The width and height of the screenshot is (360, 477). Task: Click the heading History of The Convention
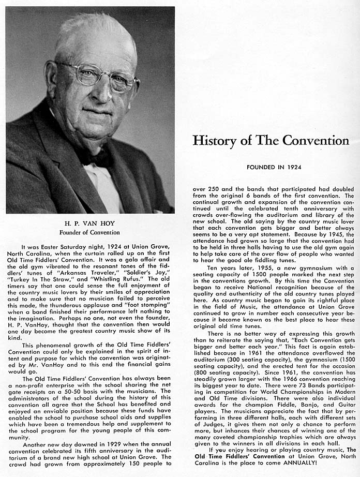tap(271, 140)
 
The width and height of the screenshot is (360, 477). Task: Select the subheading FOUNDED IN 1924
tap(271, 168)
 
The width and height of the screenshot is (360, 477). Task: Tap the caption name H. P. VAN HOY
tap(90, 223)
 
